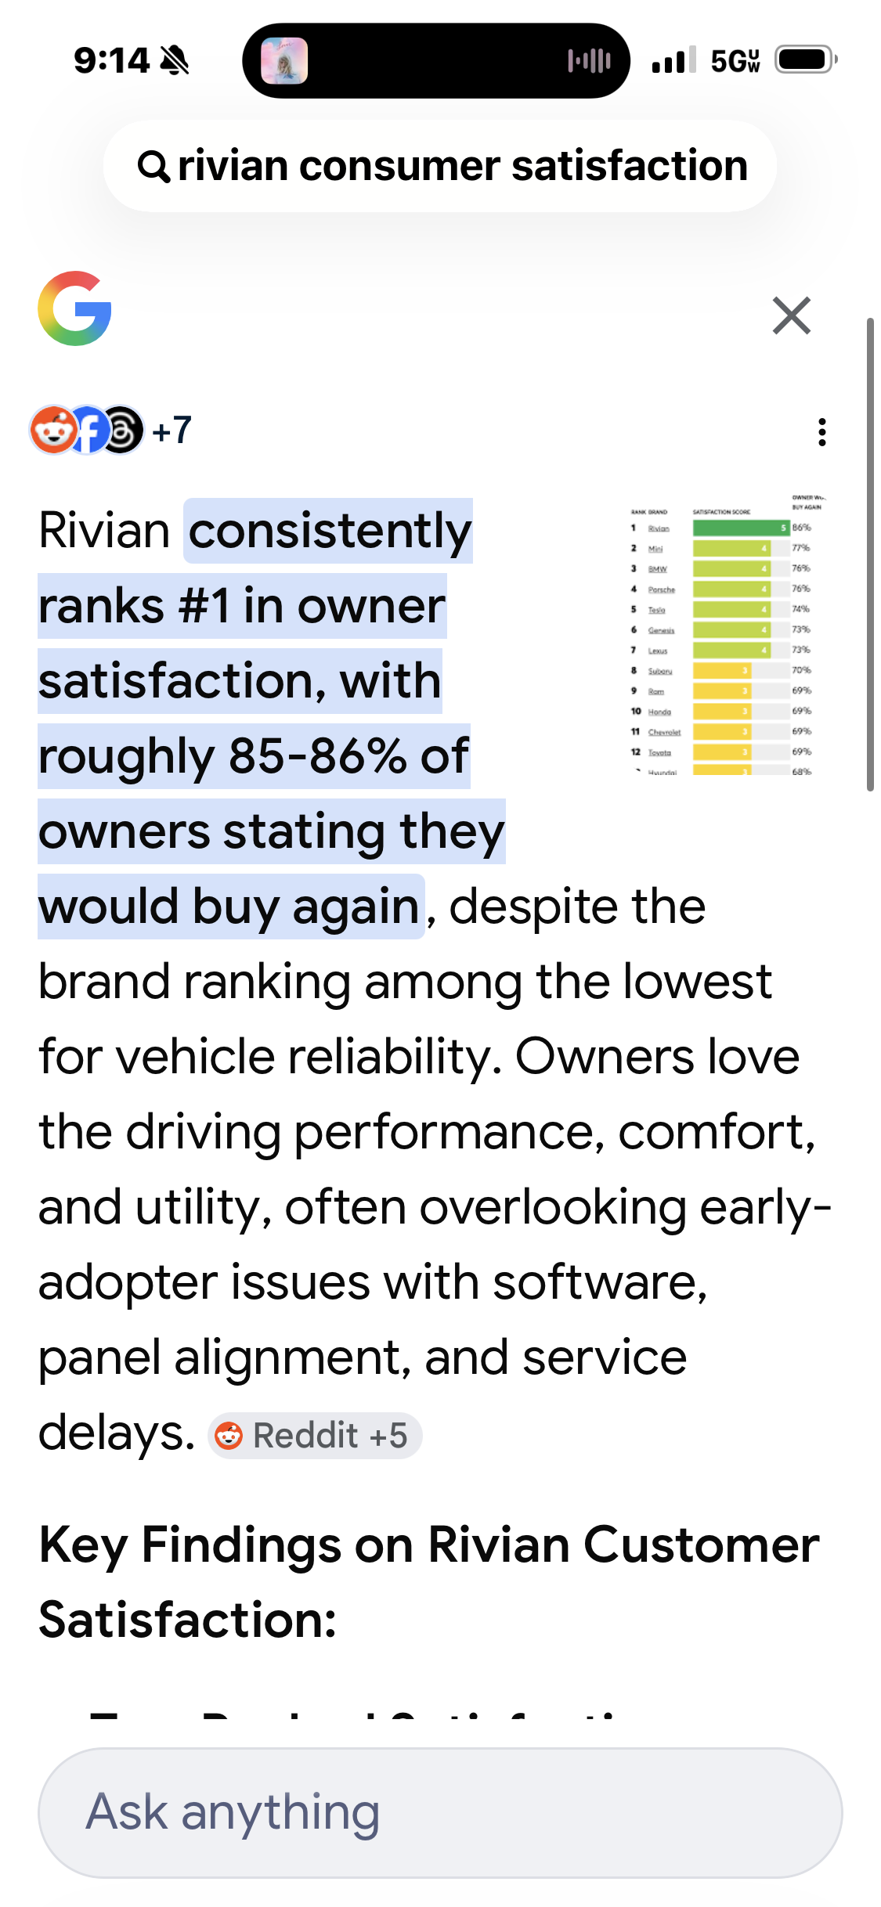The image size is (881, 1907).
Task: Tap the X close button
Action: pos(791,315)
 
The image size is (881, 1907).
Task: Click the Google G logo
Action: pos(75,308)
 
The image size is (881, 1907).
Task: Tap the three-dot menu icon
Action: pos(821,432)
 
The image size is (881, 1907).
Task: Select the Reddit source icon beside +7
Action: pos(51,430)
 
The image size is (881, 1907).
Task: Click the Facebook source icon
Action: pos(88,430)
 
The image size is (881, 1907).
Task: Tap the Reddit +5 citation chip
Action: pos(315,1436)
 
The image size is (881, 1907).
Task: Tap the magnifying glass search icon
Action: pos(153,166)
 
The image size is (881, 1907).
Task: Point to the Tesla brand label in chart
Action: pos(656,610)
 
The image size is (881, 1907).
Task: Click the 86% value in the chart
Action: pos(801,528)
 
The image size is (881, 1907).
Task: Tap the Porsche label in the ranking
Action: pos(661,589)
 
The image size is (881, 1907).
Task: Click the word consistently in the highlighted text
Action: pos(330,531)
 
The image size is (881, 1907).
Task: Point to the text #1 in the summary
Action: pos(204,606)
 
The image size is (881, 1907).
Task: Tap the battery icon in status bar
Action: pos(805,59)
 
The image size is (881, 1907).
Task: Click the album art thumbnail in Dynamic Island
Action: pos(284,60)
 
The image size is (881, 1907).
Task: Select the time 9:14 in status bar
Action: pos(111,60)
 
